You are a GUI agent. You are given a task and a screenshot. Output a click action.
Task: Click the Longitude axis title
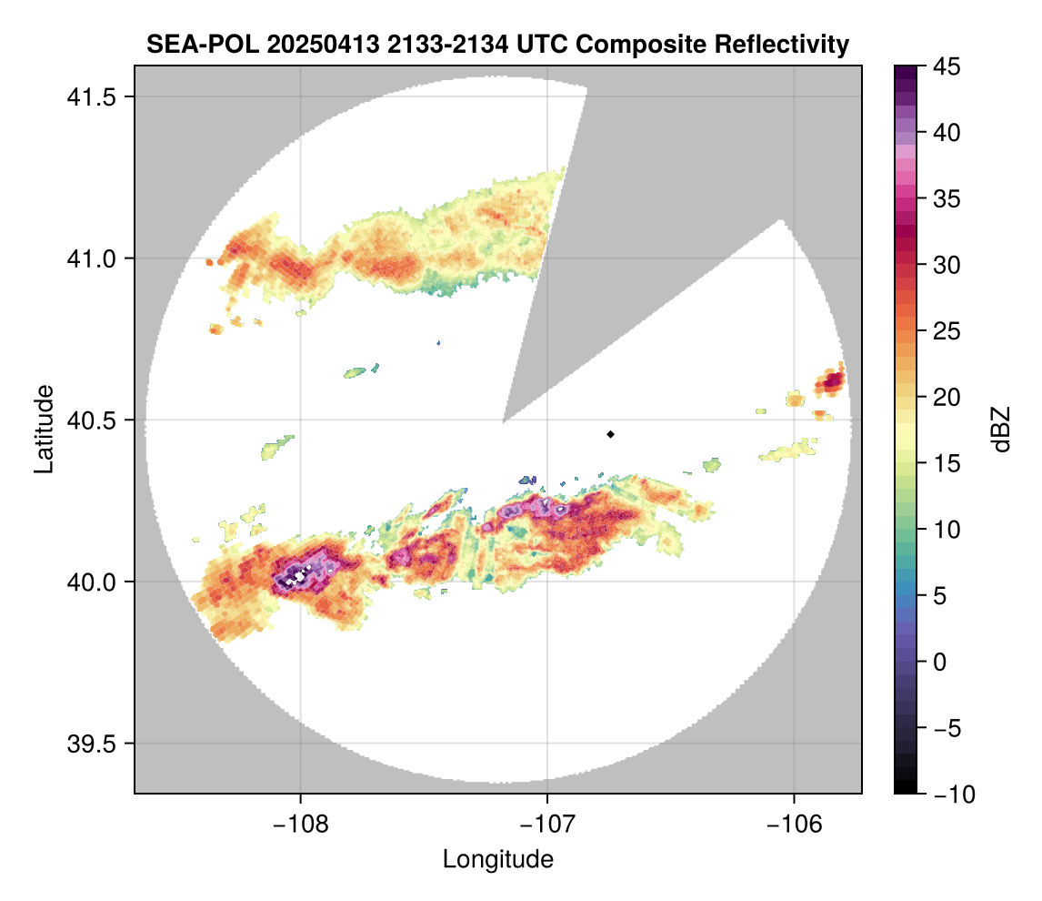497,858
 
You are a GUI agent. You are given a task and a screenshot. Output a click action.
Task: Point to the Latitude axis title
44,429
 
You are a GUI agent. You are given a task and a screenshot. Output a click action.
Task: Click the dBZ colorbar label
1001,430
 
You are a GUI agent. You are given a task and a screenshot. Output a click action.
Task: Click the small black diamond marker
610,434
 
